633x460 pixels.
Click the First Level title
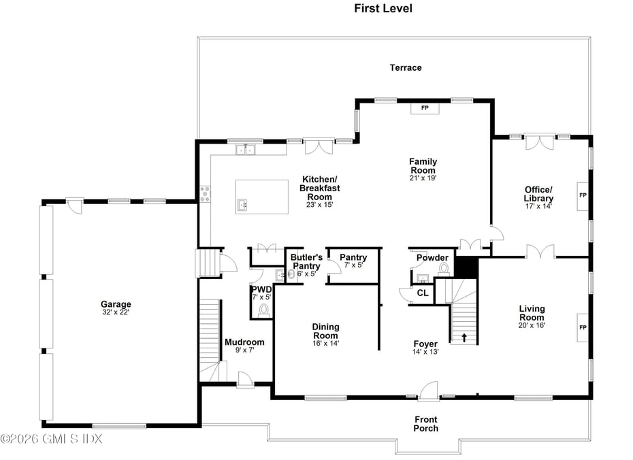pyautogui.click(x=383, y=8)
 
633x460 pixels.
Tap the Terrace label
pyautogui.click(x=406, y=68)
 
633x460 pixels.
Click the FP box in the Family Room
pyautogui.click(x=425, y=108)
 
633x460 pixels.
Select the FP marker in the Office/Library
pyautogui.click(x=583, y=196)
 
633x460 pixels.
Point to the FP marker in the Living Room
pyautogui.click(x=583, y=328)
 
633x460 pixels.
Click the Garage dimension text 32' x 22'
pyautogui.click(x=116, y=312)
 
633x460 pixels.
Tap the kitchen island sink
pyautogui.click(x=242, y=205)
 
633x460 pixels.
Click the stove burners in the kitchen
pyautogui.click(x=205, y=194)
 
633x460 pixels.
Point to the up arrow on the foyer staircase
pyautogui.click(x=464, y=338)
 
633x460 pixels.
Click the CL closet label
pyautogui.click(x=423, y=293)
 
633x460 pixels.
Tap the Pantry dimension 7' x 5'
pyautogui.click(x=353, y=265)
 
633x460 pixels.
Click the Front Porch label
pyautogui.click(x=426, y=424)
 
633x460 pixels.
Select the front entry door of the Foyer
pyautogui.click(x=428, y=391)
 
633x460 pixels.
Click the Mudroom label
pyautogui.click(x=244, y=342)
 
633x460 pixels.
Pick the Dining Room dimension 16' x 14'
pyautogui.click(x=326, y=344)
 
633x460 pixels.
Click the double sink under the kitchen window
pyautogui.click(x=246, y=150)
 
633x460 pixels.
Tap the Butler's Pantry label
pyautogui.click(x=306, y=261)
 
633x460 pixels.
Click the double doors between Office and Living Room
pyautogui.click(x=540, y=252)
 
